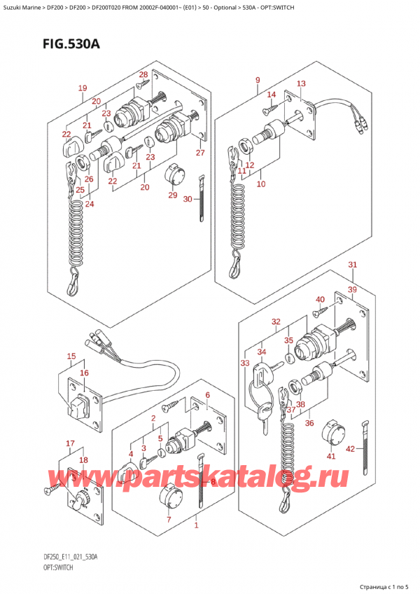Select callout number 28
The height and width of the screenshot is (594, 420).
click(143, 75)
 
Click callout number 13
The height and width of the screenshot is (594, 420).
click(301, 84)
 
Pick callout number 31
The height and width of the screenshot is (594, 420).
click(353, 265)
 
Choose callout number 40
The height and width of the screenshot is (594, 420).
click(320, 300)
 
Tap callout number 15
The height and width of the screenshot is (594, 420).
click(71, 357)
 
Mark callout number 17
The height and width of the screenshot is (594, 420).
click(70, 443)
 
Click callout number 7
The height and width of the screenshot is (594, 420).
click(168, 519)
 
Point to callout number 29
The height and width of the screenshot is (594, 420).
click(172, 195)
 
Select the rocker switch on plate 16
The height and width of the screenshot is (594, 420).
click(78, 406)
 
